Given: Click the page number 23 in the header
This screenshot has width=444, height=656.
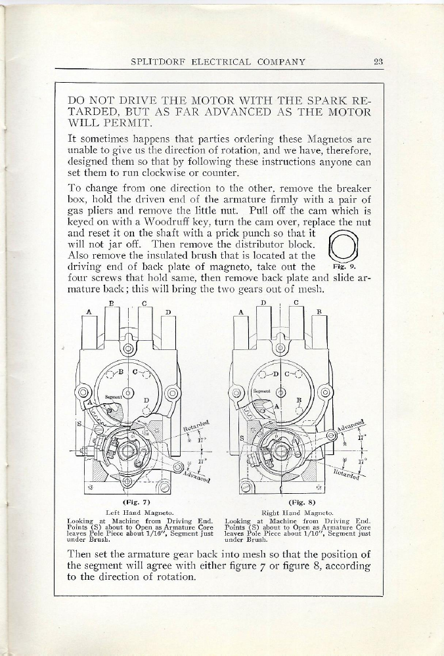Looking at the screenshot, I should pyautogui.click(x=378, y=62).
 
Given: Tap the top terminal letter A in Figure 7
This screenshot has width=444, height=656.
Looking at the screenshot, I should pyautogui.click(x=87, y=313).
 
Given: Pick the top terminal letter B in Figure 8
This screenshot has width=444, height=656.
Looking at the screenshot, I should pyautogui.click(x=319, y=313).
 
